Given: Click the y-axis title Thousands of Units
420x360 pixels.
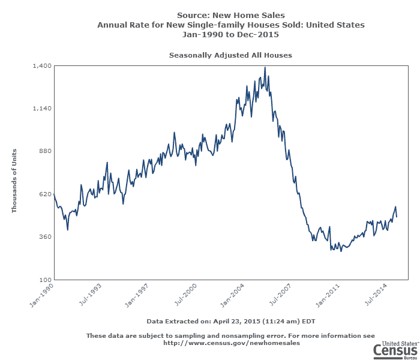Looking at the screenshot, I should pyautogui.click(x=14, y=181).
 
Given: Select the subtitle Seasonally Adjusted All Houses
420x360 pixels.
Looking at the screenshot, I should pyautogui.click(x=230, y=55).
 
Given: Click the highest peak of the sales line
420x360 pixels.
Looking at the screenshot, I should pyautogui.click(x=265, y=68).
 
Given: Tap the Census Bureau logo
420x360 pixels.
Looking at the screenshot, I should pyautogui.click(x=395, y=348).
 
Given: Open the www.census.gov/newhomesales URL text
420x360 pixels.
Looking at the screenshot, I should pyautogui.click(x=232, y=343).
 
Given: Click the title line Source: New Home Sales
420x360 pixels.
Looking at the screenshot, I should pyautogui.click(x=231, y=15).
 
